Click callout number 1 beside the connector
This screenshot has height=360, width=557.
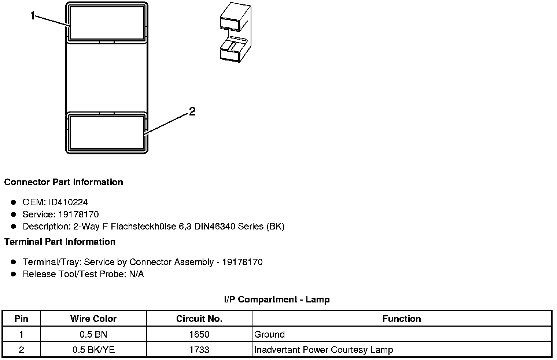33,16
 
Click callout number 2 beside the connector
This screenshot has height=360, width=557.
192,111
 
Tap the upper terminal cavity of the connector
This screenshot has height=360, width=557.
106,23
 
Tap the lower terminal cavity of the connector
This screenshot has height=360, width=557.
106,133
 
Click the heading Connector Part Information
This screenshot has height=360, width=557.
63,182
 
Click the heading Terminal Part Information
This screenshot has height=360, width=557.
60,242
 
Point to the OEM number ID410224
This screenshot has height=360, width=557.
68,202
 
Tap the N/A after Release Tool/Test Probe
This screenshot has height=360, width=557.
136,274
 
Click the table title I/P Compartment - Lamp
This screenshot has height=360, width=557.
277,300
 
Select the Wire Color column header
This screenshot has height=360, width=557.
93,319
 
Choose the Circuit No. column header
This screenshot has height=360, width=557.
199,319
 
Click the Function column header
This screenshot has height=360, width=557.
402,319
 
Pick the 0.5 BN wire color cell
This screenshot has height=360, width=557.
93,334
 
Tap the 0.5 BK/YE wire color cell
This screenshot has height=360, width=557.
93,350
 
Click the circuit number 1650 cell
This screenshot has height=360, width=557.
199,334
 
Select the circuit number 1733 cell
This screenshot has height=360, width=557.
199,350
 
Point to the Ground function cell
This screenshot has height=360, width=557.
269,334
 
